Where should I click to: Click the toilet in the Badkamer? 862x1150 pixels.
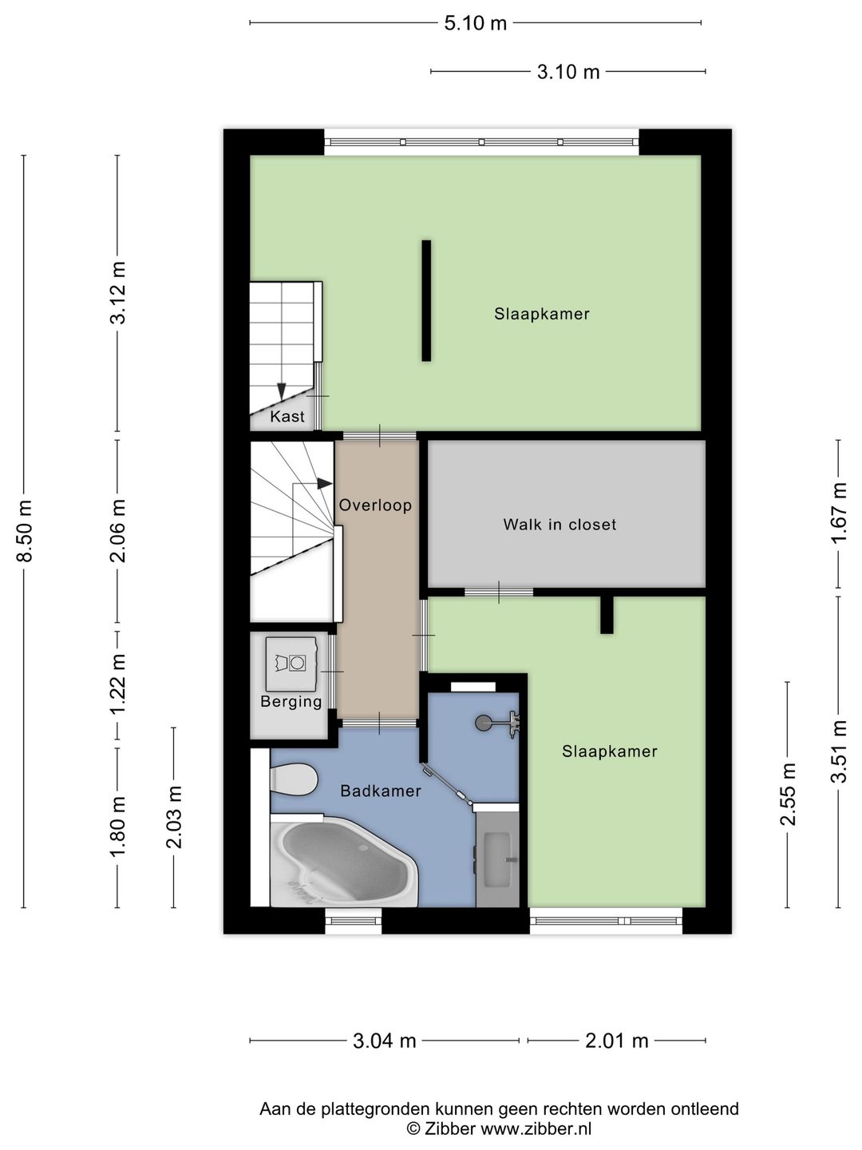(x=294, y=779)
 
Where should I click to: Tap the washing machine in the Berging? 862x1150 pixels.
(x=291, y=664)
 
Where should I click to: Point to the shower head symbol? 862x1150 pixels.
(x=497, y=724)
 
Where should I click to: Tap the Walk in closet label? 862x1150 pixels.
(x=560, y=525)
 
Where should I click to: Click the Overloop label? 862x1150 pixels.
(x=375, y=505)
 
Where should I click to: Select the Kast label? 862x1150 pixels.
(x=287, y=417)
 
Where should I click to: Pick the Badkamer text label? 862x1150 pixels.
(x=381, y=791)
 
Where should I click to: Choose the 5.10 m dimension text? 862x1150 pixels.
(x=475, y=24)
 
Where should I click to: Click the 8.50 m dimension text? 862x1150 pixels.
(x=26, y=531)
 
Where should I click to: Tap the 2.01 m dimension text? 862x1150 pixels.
(x=616, y=1040)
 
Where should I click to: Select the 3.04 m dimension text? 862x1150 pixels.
(x=384, y=1040)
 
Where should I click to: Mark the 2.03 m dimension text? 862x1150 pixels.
(x=174, y=817)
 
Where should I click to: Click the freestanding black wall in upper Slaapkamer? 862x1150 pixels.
(x=426, y=301)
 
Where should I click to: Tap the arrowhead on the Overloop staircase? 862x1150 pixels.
(x=325, y=484)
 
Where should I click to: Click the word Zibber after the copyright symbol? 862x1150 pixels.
(x=450, y=1128)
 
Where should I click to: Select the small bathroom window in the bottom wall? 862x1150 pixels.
(x=354, y=921)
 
